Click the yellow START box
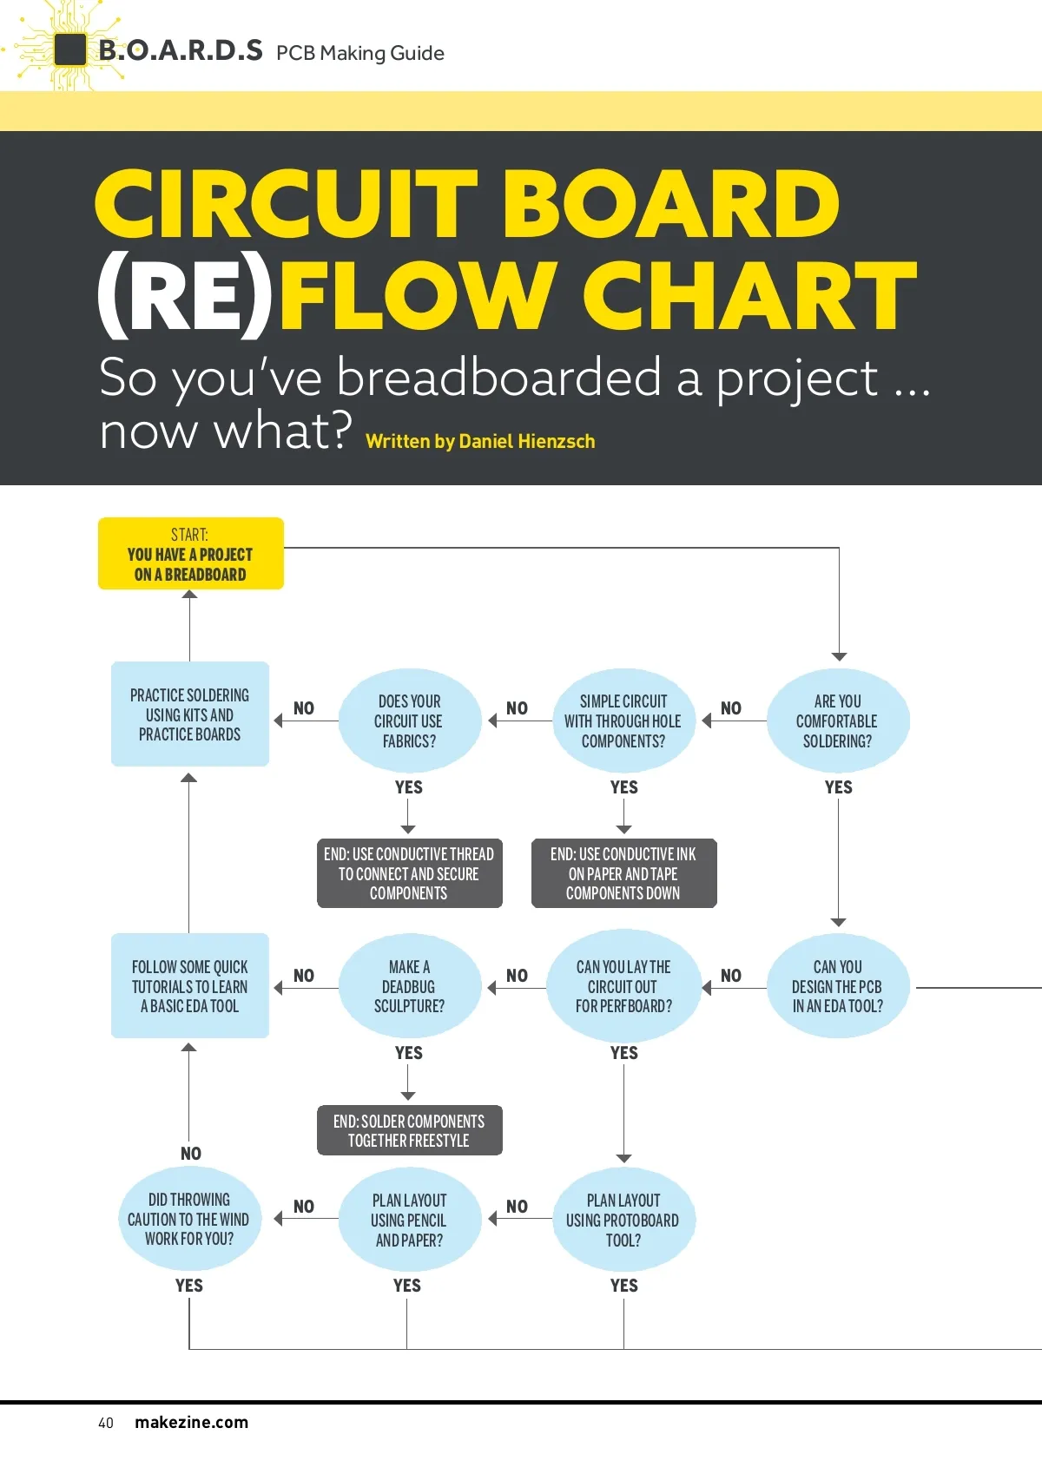[190, 554]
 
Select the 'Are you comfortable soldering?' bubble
[838, 721]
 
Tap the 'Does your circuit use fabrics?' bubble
[409, 721]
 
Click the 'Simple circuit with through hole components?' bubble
[623, 721]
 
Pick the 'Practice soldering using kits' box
[190, 714]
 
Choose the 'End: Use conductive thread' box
[409, 873]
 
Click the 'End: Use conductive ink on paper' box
[623, 873]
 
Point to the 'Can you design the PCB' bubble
[838, 987]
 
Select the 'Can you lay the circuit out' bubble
[623, 987]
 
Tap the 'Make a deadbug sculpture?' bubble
[409, 987]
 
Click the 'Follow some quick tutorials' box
[190, 986]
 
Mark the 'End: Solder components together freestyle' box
[409, 1130]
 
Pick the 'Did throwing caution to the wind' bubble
[189, 1219]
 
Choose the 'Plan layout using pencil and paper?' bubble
[409, 1220]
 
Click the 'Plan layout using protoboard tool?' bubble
[623, 1220]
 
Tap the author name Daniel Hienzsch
[526, 441]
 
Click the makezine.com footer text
[191, 1422]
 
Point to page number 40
[106, 1423]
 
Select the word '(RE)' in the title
[184, 295]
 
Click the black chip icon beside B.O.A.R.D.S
[70, 49]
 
